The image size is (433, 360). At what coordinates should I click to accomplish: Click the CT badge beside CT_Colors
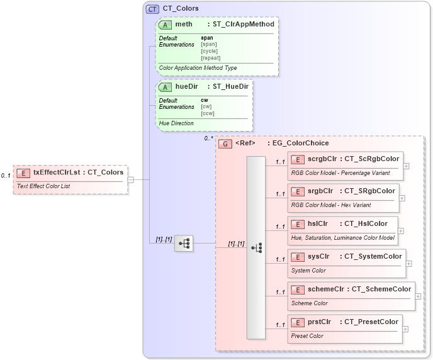point(152,9)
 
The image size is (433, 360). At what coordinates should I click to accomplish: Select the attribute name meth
point(184,25)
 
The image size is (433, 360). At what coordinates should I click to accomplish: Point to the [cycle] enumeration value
point(209,51)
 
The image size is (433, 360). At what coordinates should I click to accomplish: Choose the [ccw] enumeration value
point(208,113)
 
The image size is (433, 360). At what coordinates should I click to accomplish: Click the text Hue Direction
point(176,123)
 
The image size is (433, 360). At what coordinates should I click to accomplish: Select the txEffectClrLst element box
point(70,179)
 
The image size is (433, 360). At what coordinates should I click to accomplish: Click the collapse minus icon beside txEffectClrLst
point(130,179)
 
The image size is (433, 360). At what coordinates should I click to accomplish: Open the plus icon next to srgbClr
point(402,198)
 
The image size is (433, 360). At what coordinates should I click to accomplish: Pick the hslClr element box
point(342,230)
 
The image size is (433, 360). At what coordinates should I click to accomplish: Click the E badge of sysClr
point(298,256)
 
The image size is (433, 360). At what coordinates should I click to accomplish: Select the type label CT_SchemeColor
point(381,289)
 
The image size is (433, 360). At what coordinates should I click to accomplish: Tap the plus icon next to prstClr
point(405,329)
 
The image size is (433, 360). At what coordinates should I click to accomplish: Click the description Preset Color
point(307,336)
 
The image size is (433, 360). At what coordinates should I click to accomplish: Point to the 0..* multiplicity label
point(209,138)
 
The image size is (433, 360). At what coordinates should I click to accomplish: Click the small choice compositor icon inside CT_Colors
point(184,243)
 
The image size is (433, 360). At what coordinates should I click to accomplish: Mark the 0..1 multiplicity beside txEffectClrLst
point(6,176)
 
